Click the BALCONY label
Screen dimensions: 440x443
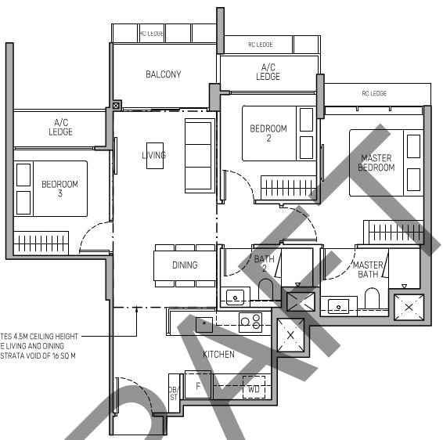click(164, 74)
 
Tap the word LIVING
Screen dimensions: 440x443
click(153, 155)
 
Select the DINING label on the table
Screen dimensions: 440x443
click(185, 265)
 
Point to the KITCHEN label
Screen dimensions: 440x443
click(218, 355)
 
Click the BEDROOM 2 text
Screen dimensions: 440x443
click(268, 134)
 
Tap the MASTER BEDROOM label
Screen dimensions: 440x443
click(376, 163)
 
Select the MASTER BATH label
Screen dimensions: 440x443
click(368, 270)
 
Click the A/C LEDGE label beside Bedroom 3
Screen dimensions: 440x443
click(61, 128)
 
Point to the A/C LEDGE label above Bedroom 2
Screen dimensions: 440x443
click(268, 72)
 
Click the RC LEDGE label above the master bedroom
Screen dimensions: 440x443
click(374, 93)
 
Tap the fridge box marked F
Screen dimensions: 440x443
click(198, 386)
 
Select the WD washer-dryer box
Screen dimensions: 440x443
click(254, 387)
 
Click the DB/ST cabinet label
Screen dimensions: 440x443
click(173, 392)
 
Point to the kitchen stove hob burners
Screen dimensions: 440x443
click(250, 320)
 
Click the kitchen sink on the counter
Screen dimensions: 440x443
click(204, 323)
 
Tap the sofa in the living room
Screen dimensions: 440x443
click(198, 156)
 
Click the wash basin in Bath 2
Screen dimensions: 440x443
click(235, 297)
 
